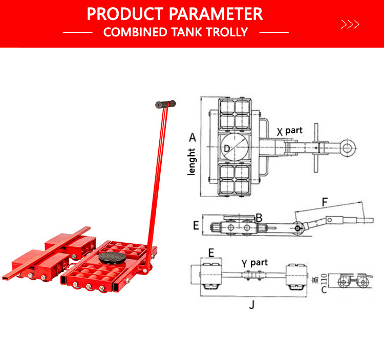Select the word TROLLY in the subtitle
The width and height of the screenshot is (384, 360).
coord(226,32)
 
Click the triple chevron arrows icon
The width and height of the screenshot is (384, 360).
coord(350,24)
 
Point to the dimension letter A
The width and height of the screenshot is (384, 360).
coord(192,137)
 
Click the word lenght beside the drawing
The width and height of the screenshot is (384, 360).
coord(191,162)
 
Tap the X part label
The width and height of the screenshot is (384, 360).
coord(290,131)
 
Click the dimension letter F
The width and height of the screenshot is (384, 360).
coord(324,202)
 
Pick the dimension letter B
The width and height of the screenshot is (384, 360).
coord(259,218)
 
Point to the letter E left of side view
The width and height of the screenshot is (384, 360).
coord(196,224)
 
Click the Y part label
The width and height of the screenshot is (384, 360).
coord(254,263)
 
